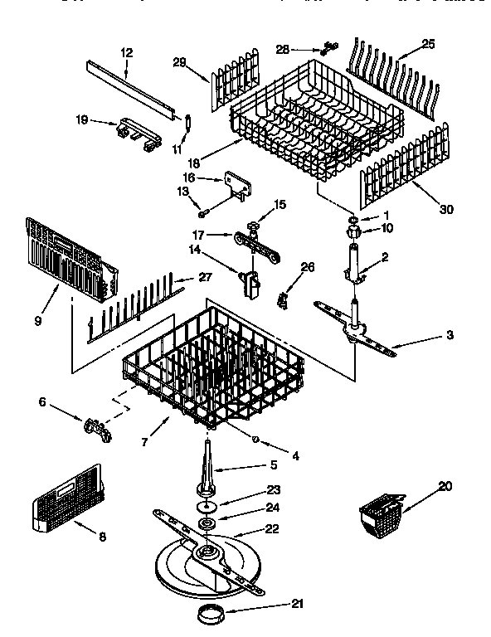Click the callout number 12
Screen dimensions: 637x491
point(126,52)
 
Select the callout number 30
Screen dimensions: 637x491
point(446,210)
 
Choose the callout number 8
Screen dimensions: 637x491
point(101,537)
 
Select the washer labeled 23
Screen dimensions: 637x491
point(204,507)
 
